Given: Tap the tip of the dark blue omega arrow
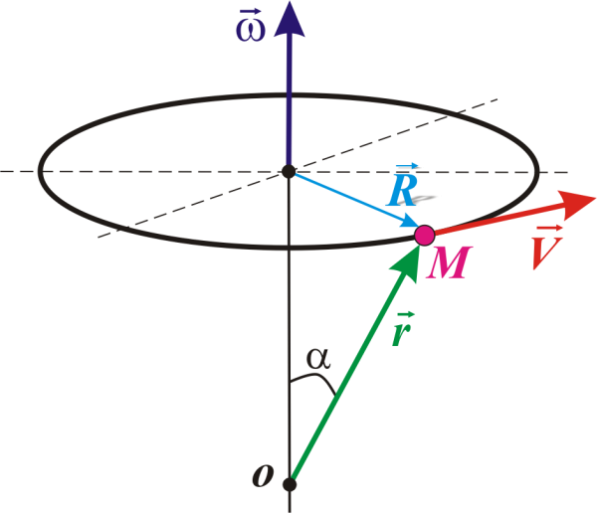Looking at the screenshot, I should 289,4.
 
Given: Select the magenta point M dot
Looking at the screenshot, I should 424,236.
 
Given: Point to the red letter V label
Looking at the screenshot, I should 542,255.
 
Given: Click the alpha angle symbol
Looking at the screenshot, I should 318,359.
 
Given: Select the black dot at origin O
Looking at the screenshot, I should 289,485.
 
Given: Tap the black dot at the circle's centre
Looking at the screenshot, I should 289,172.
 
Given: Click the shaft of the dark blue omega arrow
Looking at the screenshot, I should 289,99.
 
